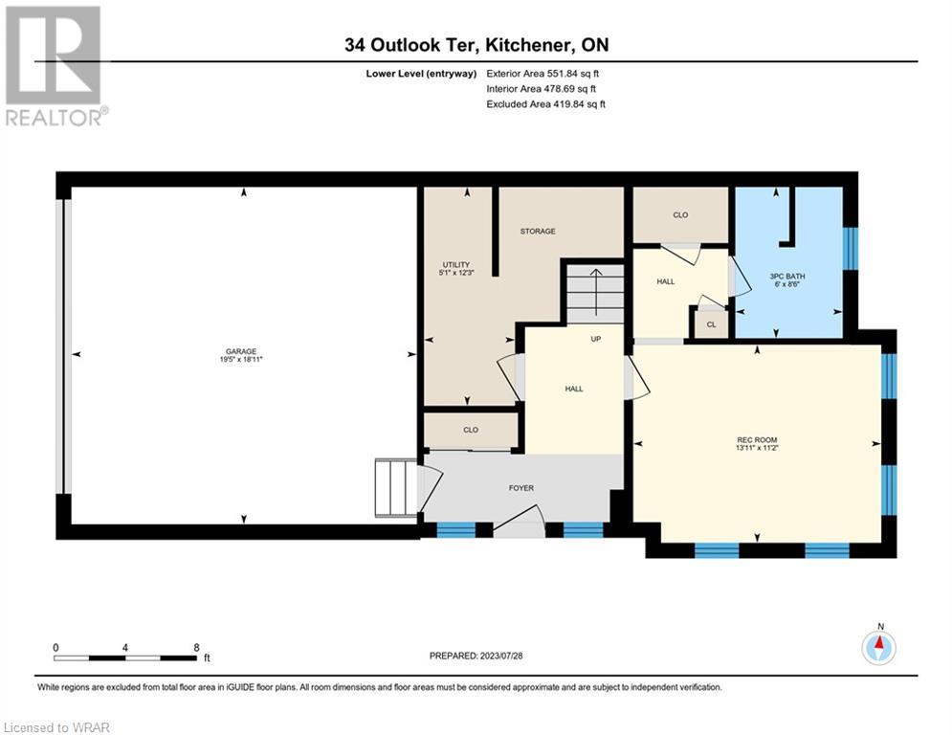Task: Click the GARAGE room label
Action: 241,351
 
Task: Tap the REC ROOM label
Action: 757,440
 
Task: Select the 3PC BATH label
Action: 786,277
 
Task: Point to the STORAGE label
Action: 538,232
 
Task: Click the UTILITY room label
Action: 456,265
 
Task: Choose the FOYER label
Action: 520,488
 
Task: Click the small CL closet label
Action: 711,324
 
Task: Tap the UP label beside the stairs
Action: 596,339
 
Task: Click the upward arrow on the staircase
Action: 596,292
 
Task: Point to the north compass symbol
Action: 878,648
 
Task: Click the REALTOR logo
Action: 55,66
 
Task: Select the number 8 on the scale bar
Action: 196,648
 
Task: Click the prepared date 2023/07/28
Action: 501,656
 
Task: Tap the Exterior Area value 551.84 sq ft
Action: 573,74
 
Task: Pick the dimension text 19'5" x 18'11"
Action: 241,360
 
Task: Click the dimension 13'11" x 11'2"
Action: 757,448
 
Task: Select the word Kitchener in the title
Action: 528,45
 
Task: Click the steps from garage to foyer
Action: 396,489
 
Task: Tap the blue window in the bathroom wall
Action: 852,249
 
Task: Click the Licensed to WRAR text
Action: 56,727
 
